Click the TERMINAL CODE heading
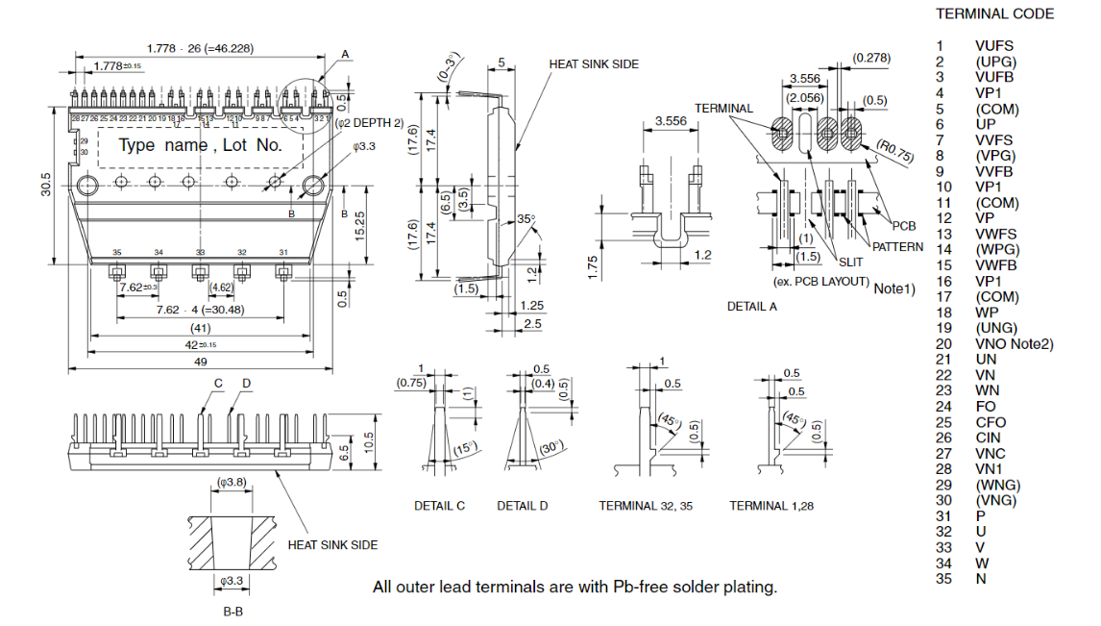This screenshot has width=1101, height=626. [994, 14]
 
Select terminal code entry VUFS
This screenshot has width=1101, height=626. [993, 45]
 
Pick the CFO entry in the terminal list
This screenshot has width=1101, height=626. [991, 422]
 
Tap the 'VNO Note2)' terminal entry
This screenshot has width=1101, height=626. [1014, 343]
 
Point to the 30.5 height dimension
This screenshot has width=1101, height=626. [45, 185]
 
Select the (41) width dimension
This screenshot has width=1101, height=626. [200, 328]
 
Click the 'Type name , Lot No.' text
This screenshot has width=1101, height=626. [200, 145]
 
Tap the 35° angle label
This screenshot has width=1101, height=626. [525, 218]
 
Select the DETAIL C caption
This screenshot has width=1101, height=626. [440, 506]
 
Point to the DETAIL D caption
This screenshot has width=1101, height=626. [523, 506]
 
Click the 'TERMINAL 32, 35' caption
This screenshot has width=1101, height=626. [644, 506]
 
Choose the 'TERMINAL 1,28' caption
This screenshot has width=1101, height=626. [771, 506]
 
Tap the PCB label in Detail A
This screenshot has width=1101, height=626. [903, 226]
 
